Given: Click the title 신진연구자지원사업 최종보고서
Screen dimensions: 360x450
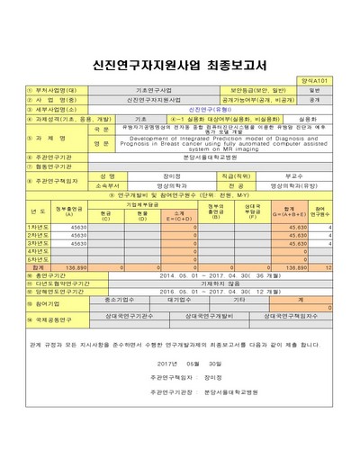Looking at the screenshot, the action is pos(180,65).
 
